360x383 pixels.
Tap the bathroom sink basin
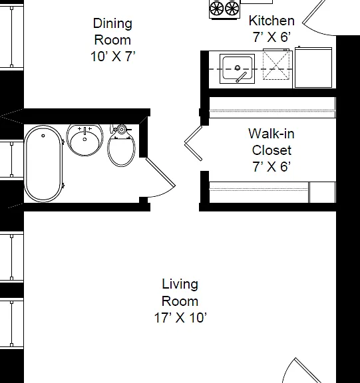[85, 140]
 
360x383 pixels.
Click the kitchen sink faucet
[241, 77]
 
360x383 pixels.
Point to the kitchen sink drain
[237, 68]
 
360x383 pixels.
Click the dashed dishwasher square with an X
[276, 64]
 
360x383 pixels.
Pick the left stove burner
[216, 9]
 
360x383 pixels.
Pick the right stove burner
[232, 9]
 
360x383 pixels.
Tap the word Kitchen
[271, 21]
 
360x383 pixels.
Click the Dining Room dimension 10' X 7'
[112, 57]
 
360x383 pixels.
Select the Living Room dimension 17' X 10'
[180, 318]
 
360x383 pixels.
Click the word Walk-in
[271, 134]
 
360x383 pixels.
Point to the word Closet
[271, 150]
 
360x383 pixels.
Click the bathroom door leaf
[160, 172]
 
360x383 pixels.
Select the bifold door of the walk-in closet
[194, 143]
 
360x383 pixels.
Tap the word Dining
[112, 24]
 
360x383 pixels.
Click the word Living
[180, 285]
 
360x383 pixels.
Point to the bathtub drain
[43, 136]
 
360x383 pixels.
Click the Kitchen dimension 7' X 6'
[271, 37]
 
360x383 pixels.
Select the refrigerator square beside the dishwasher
[313, 67]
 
